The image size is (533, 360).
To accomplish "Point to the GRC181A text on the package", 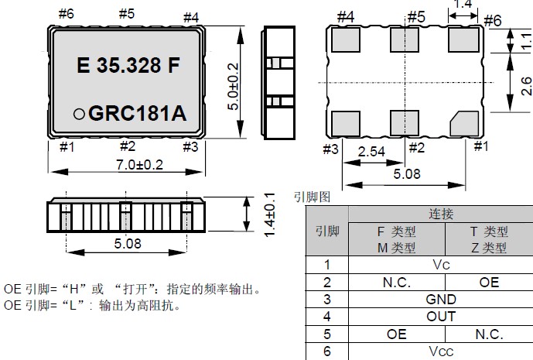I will click(x=138, y=113).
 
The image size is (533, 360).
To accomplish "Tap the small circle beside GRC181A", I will click(x=79, y=114).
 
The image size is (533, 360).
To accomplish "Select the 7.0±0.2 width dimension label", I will click(x=127, y=164).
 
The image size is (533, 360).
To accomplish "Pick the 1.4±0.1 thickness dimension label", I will click(x=269, y=210).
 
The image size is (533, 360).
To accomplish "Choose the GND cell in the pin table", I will click(x=441, y=300).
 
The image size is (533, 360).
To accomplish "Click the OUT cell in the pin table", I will click(x=441, y=317).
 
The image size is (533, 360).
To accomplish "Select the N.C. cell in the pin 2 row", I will click(x=397, y=282).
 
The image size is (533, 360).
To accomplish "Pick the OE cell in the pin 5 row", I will click(x=397, y=334).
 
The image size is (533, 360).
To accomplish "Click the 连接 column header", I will click(x=441, y=214).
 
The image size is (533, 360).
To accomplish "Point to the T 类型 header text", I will click(x=489, y=231).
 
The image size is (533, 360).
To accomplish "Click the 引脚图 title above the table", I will click(x=312, y=197).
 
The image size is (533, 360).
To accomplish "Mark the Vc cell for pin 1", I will click(x=441, y=265).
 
